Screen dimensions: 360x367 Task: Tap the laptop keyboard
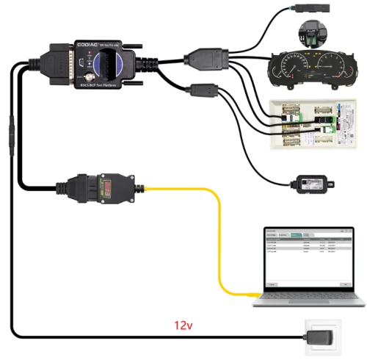(x=308, y=297)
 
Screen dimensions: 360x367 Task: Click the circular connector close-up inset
(x=312, y=33)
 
